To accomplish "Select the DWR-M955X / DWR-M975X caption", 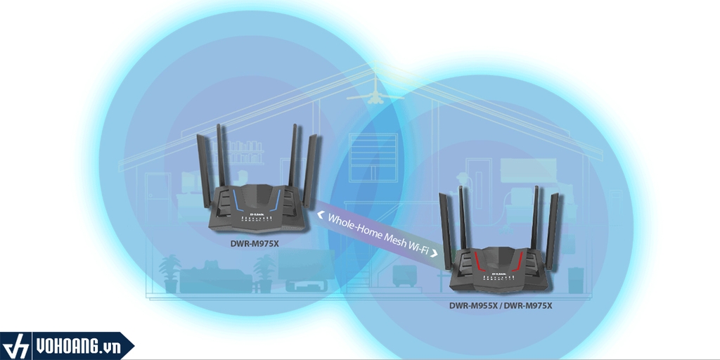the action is pyautogui.click(x=501, y=306).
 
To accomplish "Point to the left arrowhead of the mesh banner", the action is pyautogui.click(x=321, y=206).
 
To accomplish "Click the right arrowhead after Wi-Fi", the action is pyautogui.click(x=435, y=251).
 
